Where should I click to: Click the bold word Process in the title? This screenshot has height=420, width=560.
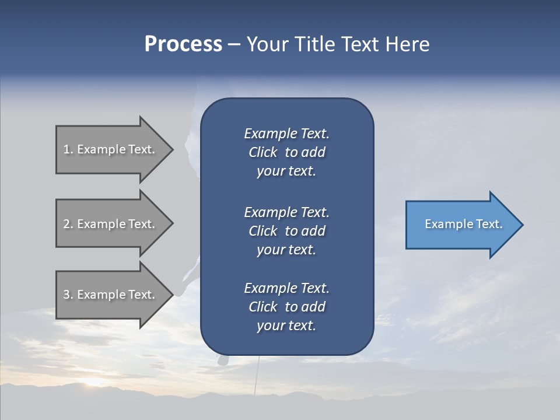click(183, 44)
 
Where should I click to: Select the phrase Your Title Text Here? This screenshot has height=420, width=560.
click(338, 44)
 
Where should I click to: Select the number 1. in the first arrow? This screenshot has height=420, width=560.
click(68, 149)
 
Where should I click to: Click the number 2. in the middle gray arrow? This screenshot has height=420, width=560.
click(68, 224)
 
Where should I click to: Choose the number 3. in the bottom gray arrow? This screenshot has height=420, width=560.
click(68, 295)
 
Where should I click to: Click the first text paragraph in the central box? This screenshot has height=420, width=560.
click(286, 152)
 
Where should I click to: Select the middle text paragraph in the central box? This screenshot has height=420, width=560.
click(286, 231)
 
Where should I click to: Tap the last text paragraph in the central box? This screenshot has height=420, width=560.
click(286, 307)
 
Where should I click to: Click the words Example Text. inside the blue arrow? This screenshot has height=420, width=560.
click(464, 224)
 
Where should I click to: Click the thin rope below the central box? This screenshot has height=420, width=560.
click(257, 373)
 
